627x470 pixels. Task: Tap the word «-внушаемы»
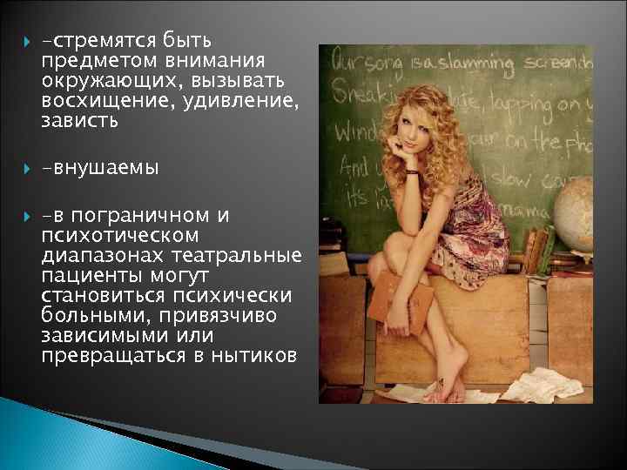click(x=99, y=168)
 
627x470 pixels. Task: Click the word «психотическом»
click(x=119, y=235)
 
